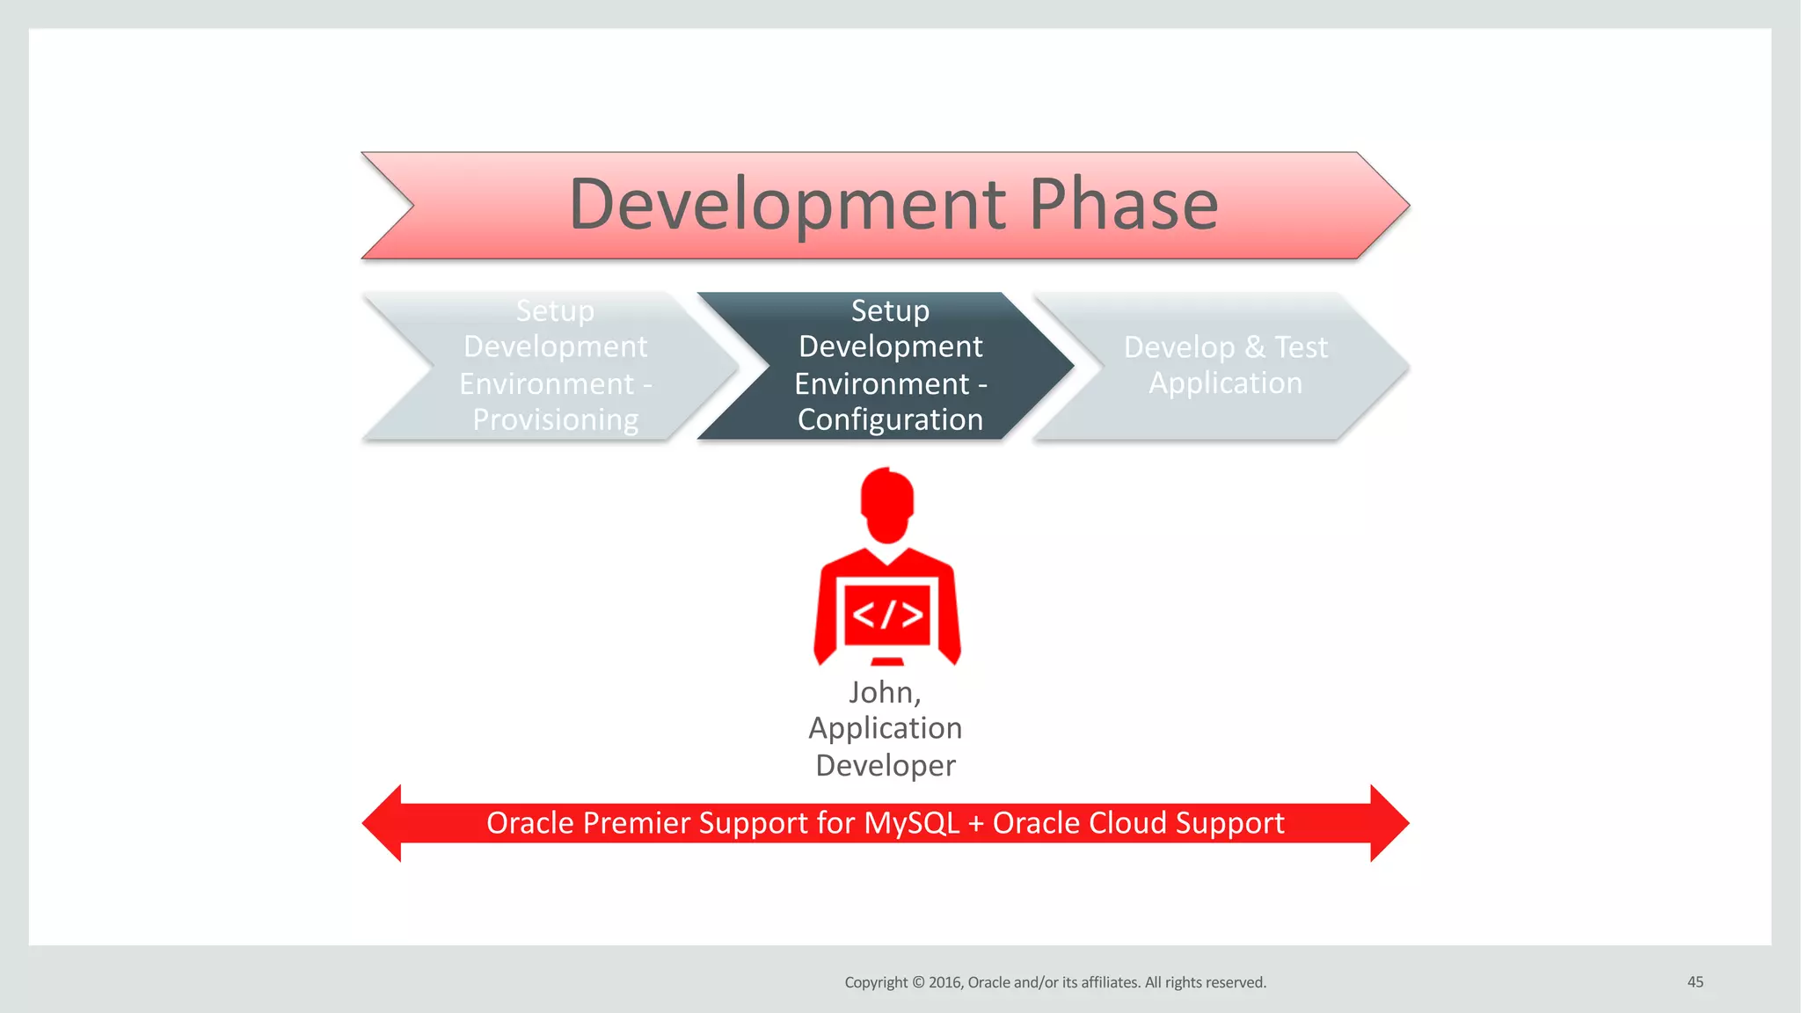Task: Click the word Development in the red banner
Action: [787, 205]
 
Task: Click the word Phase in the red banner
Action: [1123, 205]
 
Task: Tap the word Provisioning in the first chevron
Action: [555, 419]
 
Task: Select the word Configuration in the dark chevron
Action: [890, 419]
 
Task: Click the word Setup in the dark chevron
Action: [890, 310]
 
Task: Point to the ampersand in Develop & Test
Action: [1255, 347]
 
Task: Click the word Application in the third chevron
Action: [1225, 383]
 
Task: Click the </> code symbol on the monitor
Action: [888, 614]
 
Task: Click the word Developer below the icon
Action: [886, 765]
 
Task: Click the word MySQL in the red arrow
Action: [911, 823]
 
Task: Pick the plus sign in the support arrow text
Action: [976, 824]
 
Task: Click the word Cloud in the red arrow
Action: [1125, 823]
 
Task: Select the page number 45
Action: [1695, 982]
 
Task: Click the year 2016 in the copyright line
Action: [946, 982]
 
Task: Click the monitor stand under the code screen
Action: [887, 660]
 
